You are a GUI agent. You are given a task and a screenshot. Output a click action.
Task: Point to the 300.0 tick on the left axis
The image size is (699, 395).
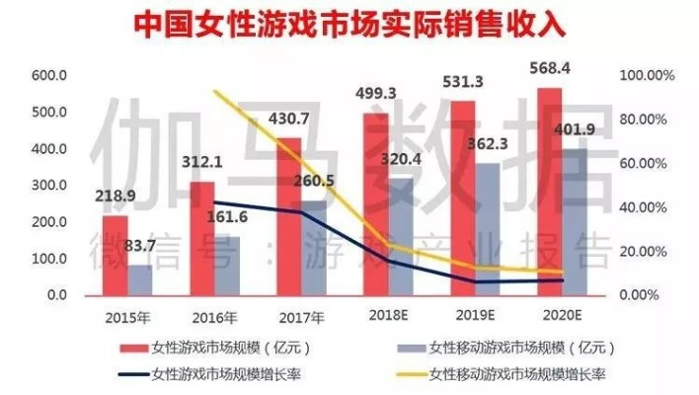pyautogui.click(x=48, y=186)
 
